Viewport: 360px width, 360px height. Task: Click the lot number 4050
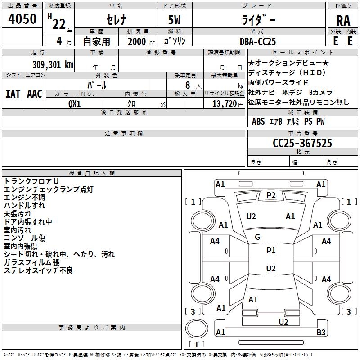22,20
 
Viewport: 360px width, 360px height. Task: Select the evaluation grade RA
343,21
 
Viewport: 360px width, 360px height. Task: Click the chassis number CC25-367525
302,144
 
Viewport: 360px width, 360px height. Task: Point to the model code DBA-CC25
258,41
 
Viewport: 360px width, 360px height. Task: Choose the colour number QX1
74,103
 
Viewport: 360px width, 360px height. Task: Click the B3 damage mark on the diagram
321,333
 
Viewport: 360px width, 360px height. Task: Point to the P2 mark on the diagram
271,195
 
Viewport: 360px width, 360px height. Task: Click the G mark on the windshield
257,237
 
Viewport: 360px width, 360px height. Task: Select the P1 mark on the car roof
271,251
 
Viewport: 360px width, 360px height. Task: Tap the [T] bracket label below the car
197,345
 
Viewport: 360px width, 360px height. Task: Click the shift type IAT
13,94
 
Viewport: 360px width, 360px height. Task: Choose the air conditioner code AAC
35,94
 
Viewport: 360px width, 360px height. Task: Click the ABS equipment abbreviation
258,121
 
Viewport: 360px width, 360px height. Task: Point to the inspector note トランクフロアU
31,181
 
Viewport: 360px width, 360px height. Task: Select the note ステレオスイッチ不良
38,270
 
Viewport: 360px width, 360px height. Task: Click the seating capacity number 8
186,85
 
